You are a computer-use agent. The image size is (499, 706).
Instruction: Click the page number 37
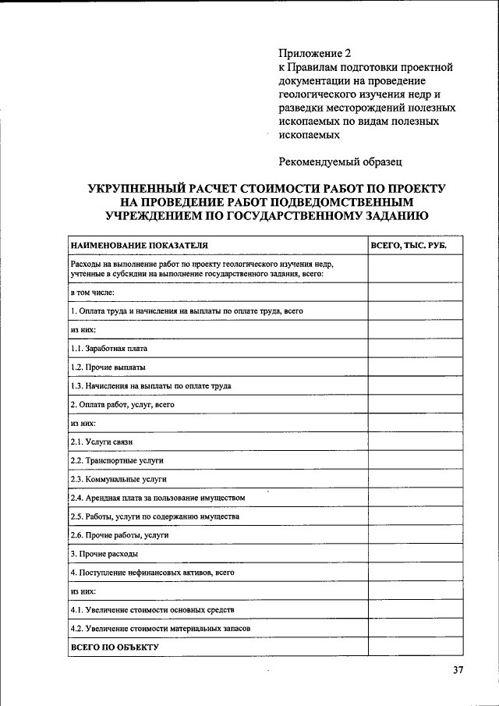pos(458,671)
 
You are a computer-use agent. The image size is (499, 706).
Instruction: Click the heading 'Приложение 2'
pos(315,54)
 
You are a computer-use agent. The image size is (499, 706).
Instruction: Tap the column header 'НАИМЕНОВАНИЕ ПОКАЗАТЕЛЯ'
pos(140,246)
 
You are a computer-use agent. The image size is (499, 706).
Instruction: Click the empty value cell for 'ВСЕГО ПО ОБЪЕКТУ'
pos(416,647)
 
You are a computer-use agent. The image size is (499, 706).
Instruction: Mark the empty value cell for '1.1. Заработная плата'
pos(416,348)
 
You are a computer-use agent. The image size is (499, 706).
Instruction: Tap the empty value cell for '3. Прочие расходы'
pos(416,554)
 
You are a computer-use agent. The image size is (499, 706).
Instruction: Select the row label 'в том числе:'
pos(92,292)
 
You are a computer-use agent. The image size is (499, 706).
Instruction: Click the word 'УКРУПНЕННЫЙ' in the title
pos(138,190)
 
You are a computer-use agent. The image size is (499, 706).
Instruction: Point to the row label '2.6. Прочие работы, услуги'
pos(119,535)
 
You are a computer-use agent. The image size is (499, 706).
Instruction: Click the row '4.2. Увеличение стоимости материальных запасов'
pos(160,628)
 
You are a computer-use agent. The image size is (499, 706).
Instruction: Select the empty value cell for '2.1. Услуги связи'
pos(416,442)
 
